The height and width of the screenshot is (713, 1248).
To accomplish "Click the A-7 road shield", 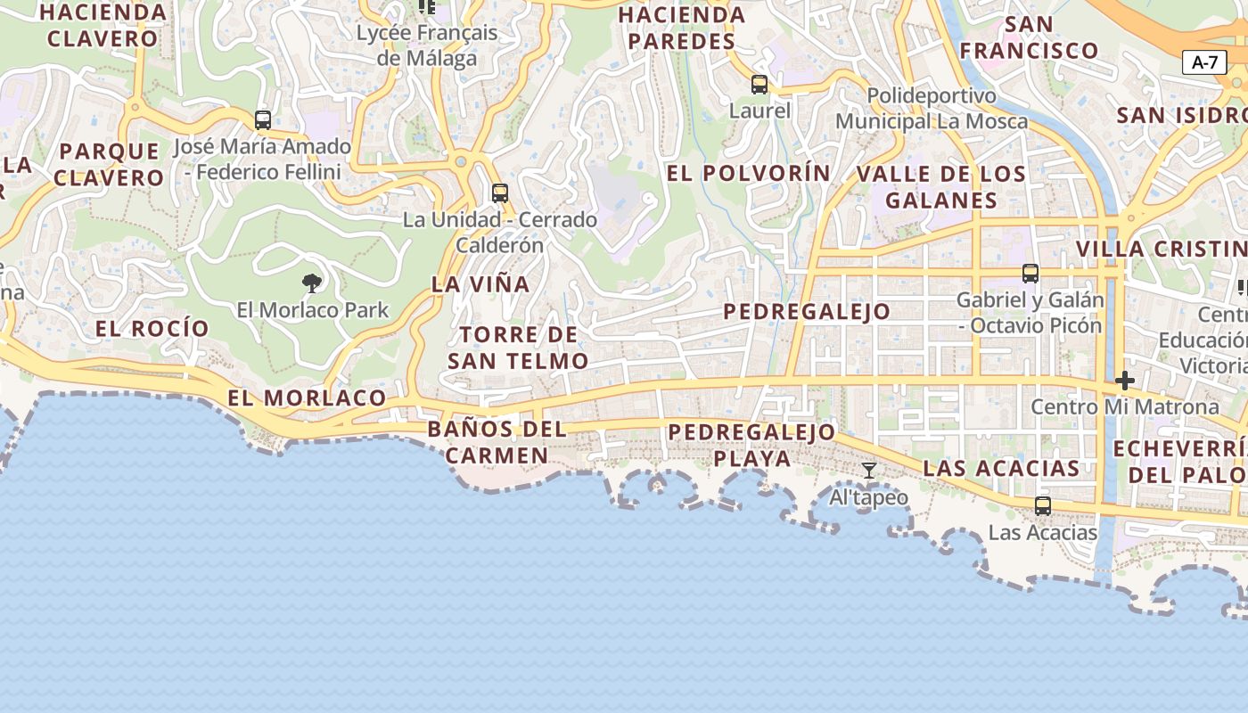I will tap(1204, 62).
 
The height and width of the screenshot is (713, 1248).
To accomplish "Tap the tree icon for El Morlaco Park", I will tap(312, 283).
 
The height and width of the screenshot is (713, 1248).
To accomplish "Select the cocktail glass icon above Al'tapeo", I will tap(869, 470).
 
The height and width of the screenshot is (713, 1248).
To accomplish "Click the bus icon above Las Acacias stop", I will tap(1043, 506).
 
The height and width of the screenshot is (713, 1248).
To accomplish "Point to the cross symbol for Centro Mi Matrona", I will tap(1125, 381).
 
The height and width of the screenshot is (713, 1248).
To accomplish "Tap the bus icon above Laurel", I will tap(759, 85).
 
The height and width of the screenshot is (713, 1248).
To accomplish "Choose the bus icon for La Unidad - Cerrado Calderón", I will tap(500, 193).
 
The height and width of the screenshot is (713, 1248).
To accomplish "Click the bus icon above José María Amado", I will tap(263, 119).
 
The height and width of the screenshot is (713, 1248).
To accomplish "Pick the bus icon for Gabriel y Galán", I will tap(1030, 274).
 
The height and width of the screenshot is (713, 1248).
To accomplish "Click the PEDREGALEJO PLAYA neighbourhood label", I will tap(752, 446).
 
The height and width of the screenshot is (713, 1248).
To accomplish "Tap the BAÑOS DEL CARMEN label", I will tap(497, 442).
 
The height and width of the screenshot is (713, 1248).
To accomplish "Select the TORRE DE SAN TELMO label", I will tap(518, 348).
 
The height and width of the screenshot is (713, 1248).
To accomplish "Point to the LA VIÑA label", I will tap(480, 284).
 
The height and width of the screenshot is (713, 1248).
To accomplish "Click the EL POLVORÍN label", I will tap(749, 173).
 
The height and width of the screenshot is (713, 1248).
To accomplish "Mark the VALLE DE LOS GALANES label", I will tap(940, 187).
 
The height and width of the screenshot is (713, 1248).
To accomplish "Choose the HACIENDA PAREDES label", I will tap(681, 28).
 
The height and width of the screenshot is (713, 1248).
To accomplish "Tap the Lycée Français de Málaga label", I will tap(427, 45).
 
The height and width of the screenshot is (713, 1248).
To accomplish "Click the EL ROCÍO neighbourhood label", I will tap(152, 328).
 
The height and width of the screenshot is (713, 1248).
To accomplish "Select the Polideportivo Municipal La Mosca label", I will tap(932, 108).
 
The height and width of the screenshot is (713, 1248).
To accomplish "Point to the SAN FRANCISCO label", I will tap(1030, 37).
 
